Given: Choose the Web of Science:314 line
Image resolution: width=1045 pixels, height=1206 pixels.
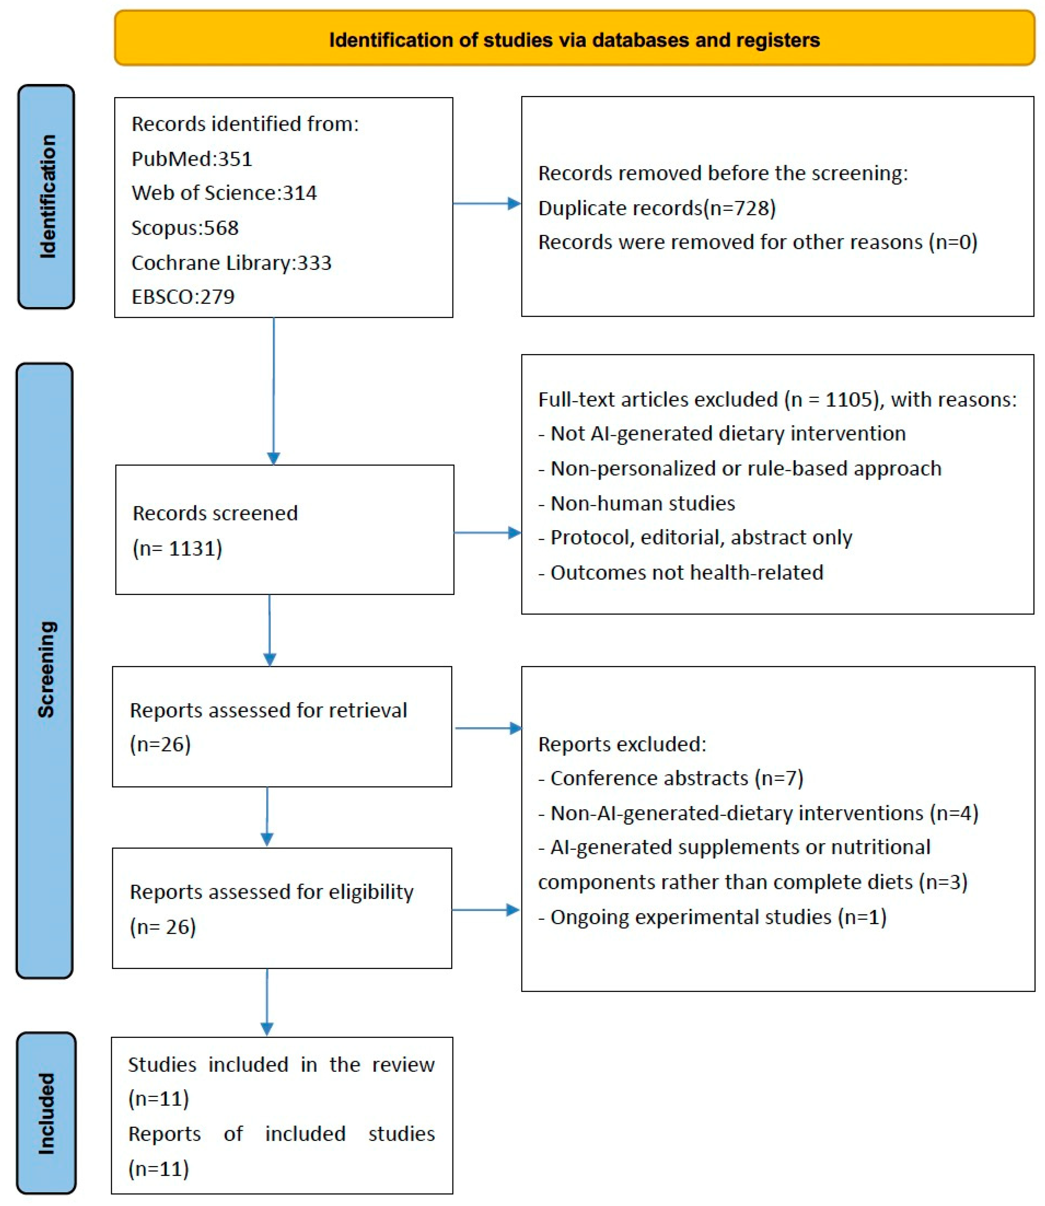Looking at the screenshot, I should coord(224,193).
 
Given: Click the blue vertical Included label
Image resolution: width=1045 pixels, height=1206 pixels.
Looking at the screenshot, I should coord(47,1113).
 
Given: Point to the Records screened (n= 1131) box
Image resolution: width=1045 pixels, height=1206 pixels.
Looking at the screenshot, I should coord(285,530).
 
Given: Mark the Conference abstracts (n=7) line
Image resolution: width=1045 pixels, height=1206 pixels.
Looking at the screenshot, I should coord(671,778).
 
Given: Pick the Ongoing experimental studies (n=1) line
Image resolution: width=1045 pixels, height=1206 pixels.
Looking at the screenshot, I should coord(712,917).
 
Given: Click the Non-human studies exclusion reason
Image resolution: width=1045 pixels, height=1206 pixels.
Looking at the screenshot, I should coord(637,503).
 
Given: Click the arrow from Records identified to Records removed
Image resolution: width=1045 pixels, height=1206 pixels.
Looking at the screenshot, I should coord(487,203).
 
